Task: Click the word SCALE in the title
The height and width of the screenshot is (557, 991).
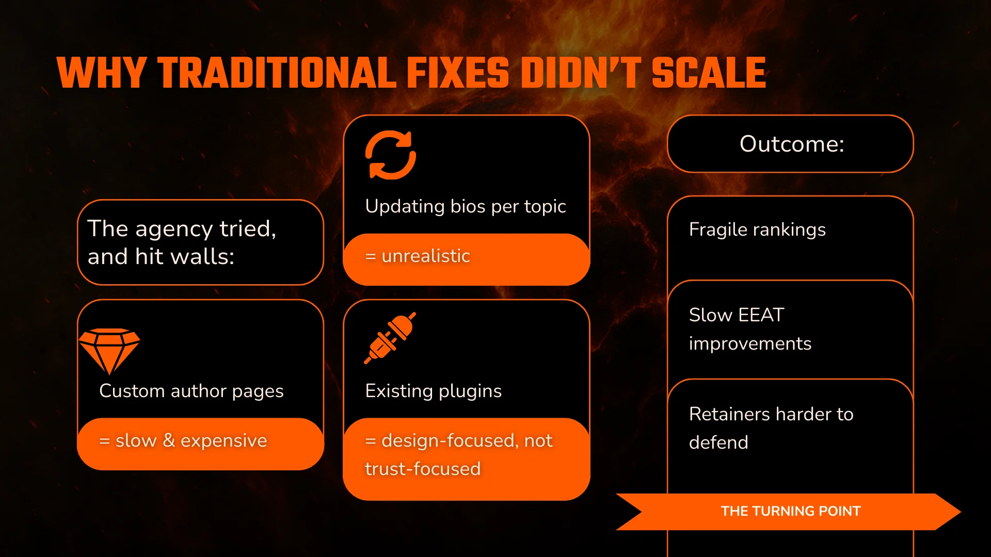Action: tap(709, 73)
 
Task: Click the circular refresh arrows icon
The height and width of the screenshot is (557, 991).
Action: tap(391, 155)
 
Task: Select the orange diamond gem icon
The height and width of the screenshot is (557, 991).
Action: tap(109, 351)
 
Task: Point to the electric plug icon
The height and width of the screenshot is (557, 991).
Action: tap(390, 338)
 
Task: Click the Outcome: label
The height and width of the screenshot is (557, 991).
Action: tap(792, 144)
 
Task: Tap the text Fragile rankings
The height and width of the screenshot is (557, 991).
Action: tap(757, 230)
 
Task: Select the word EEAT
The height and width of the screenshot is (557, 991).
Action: tap(761, 315)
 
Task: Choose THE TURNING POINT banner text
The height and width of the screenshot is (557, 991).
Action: tap(791, 511)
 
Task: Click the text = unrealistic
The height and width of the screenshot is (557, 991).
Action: tap(418, 256)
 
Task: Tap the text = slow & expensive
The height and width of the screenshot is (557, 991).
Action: tap(183, 440)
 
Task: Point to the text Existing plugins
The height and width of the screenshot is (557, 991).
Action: tap(433, 391)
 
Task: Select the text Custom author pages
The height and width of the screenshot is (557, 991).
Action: tap(191, 391)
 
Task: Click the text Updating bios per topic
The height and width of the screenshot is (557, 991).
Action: tap(466, 206)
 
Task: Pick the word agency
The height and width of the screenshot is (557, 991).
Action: tap(174, 229)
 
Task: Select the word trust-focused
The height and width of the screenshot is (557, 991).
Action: tap(423, 469)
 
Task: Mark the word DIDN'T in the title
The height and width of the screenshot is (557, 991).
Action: tap(581, 73)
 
